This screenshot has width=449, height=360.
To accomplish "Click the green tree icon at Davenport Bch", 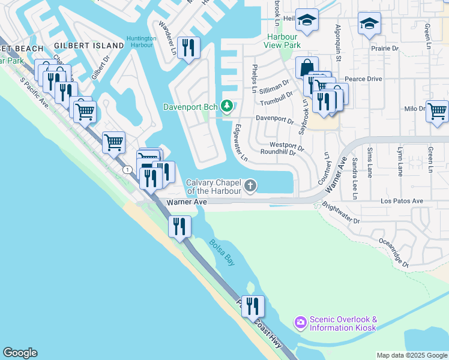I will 226,107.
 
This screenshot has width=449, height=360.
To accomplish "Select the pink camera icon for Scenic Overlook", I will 300,323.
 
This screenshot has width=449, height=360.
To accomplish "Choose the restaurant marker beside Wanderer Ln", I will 189,47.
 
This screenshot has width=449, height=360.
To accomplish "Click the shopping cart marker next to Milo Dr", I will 438,110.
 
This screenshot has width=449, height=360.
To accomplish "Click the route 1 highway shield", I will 127,170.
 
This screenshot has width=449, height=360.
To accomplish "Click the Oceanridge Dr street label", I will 393,252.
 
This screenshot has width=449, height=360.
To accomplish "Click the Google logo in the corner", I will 20,353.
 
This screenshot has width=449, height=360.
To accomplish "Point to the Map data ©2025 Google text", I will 412,355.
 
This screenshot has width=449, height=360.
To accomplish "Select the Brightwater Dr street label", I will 340,213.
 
